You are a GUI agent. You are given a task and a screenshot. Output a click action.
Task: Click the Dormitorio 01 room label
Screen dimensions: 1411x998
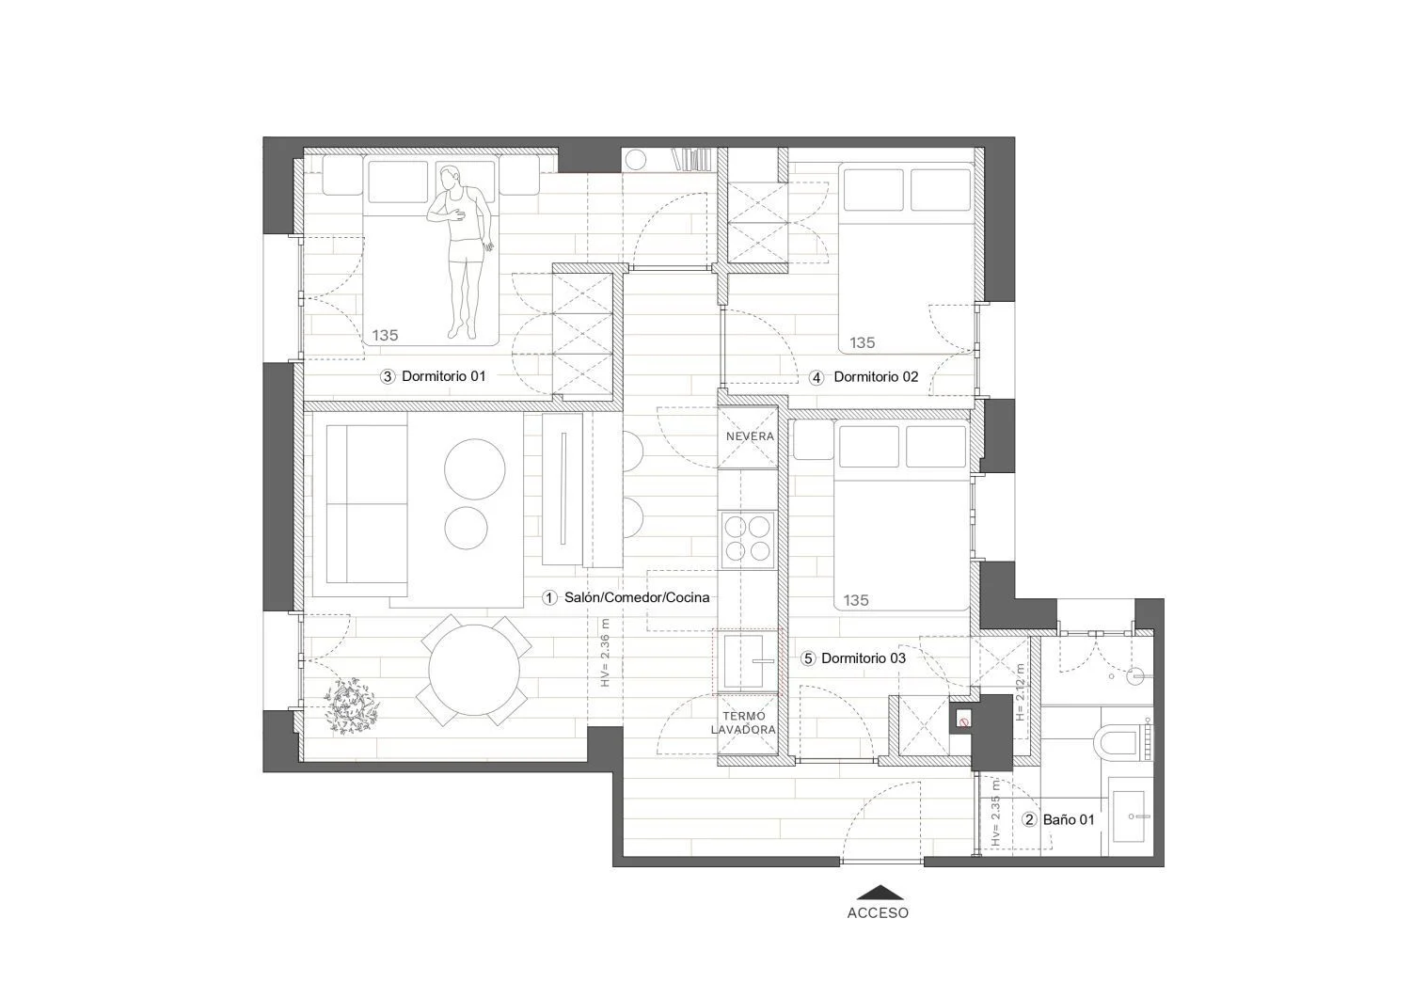pos(443,376)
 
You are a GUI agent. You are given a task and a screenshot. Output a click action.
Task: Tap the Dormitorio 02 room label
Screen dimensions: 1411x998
pos(876,377)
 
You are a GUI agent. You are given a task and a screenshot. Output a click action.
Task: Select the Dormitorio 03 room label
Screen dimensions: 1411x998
pos(864,658)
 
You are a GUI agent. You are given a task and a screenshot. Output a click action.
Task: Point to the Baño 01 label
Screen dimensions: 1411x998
pos(1069,819)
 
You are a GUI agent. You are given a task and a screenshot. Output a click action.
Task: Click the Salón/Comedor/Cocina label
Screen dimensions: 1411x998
pos(637,597)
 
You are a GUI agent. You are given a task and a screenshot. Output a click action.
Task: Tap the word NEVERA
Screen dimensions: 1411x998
pos(750,436)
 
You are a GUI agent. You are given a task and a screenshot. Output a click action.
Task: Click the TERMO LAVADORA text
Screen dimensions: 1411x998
pos(743,722)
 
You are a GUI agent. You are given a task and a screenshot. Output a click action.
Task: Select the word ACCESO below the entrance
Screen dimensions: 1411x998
pos(878,913)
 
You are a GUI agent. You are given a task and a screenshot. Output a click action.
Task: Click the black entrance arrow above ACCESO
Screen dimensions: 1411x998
pos(880,893)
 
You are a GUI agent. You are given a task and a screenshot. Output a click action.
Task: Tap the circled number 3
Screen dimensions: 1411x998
pos(388,377)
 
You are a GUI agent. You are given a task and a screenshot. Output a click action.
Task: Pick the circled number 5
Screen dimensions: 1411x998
pos(807,659)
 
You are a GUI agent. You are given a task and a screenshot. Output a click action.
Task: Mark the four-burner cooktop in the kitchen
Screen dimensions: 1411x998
pos(748,539)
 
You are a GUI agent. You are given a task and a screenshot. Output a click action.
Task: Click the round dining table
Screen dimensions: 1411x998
pos(474,671)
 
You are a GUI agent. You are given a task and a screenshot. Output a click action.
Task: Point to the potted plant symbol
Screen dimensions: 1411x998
pos(351,705)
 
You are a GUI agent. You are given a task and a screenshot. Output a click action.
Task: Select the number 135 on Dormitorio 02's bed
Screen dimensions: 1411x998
pos(862,342)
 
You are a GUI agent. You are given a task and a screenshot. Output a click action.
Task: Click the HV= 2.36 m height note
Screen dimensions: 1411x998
pos(606,652)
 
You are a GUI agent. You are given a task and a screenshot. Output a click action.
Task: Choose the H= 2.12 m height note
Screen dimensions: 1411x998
pos(1020,691)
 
